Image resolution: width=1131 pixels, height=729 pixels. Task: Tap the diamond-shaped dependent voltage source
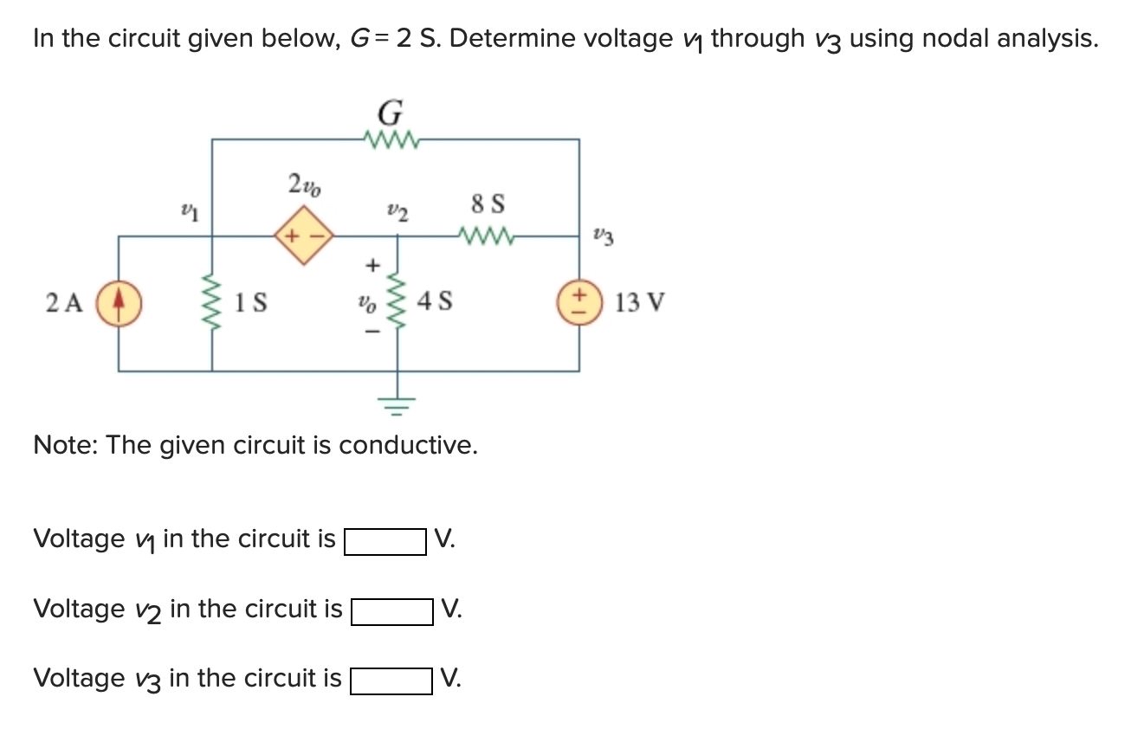point(304,235)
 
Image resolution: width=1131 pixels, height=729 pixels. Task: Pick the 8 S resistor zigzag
point(488,235)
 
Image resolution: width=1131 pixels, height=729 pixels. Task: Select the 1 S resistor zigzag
point(212,303)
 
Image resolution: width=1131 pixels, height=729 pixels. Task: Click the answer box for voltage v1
point(385,542)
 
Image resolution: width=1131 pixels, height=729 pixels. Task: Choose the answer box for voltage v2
point(391,612)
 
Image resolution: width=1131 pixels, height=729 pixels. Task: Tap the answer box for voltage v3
point(391,681)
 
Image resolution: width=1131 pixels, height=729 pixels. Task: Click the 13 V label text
point(640,303)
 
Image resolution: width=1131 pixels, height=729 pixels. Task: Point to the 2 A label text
point(64,303)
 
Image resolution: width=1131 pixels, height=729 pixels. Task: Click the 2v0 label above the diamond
point(304,184)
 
